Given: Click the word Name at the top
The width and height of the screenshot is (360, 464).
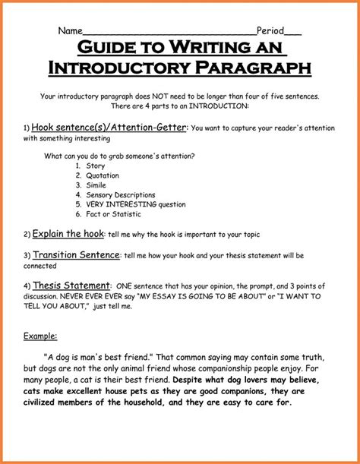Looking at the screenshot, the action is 70,31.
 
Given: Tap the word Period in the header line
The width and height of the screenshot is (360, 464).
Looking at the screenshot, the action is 270,31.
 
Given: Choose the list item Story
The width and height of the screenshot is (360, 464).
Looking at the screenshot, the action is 96,165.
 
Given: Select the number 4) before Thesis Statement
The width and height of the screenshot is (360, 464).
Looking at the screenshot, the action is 27,285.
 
